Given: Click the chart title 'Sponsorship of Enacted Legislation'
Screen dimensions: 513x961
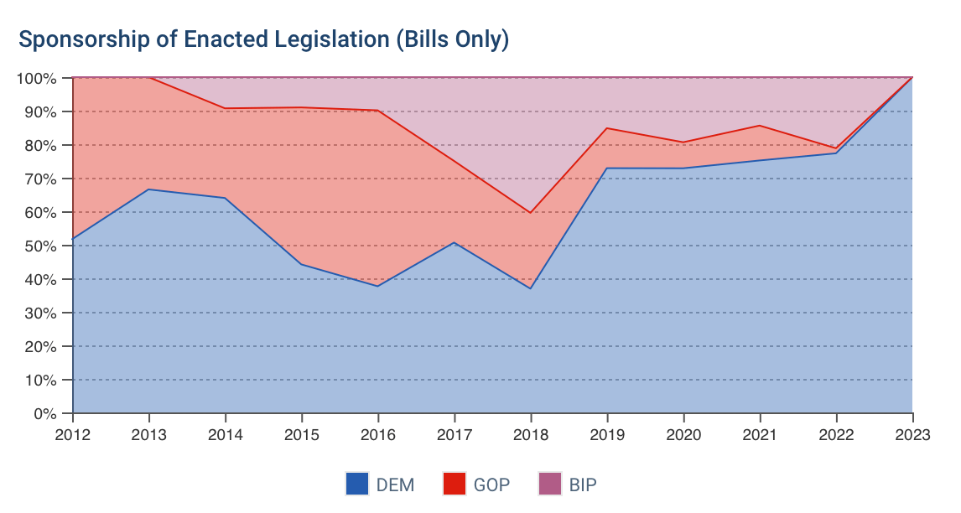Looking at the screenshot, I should [263, 39].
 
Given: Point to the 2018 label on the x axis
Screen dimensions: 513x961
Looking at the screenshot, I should [530, 434].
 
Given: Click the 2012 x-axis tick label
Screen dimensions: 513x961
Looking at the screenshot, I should [73, 434].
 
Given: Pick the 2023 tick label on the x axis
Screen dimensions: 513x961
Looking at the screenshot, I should [912, 434].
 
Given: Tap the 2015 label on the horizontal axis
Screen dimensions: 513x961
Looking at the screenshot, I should [302, 434].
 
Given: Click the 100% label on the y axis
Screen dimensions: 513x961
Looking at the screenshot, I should [36, 78].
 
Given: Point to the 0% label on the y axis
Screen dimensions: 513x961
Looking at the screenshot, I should [44, 413].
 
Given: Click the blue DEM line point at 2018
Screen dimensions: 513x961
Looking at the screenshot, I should [530, 288].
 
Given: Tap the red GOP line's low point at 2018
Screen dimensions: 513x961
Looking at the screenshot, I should [530, 213].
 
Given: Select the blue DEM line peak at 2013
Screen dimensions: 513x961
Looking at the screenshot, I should [149, 189].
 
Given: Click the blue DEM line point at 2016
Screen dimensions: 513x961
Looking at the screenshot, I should [378, 286].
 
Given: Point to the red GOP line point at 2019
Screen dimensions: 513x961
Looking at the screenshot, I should [607, 128].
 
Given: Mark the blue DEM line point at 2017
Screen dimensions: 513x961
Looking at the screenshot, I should [454, 243].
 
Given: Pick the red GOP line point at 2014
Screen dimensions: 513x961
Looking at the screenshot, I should [226, 108].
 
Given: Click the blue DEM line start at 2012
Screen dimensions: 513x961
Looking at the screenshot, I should [74, 239].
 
